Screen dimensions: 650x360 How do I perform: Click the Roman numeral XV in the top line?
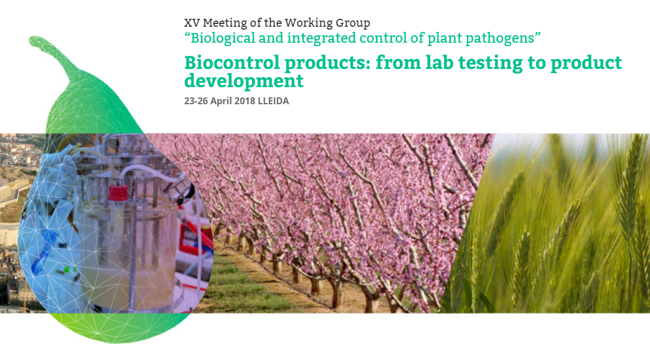(x=191, y=23)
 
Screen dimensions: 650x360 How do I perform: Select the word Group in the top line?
(x=354, y=23)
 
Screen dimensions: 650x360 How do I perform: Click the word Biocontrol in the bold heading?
(x=232, y=63)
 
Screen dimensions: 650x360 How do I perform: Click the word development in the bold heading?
(x=244, y=81)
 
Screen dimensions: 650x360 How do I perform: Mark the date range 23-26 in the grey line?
(x=196, y=101)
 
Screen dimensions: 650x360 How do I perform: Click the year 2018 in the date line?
(x=244, y=101)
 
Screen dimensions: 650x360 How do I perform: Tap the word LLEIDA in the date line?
(x=273, y=101)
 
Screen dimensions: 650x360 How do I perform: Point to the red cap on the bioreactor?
(x=118, y=192)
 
